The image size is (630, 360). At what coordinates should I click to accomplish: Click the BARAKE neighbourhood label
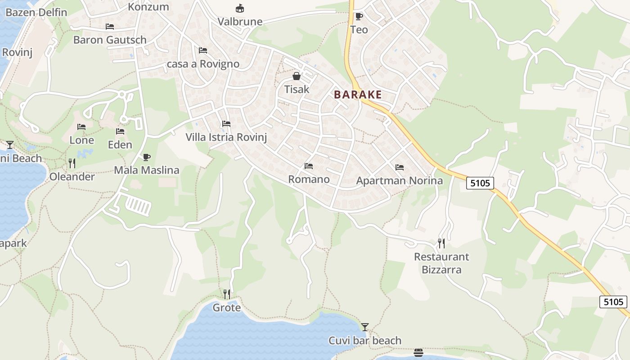(x=358, y=94)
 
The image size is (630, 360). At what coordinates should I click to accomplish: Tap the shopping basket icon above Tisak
(x=296, y=76)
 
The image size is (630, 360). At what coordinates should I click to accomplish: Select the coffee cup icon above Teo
(x=359, y=17)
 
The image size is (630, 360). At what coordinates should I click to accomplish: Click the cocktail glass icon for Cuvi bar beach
(x=365, y=327)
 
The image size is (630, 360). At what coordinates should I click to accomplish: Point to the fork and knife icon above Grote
(x=227, y=294)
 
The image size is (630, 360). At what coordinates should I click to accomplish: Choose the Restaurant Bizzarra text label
(x=441, y=263)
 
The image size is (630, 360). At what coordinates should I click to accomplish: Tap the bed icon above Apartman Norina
(x=399, y=167)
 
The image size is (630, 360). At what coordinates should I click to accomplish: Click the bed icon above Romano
(x=309, y=166)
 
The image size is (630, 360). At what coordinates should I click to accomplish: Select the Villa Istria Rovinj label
(x=226, y=137)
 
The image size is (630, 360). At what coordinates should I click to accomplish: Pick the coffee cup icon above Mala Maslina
(x=146, y=157)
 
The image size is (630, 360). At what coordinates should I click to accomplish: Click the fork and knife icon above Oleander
(x=72, y=163)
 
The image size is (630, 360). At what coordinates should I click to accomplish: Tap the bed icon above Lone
(x=81, y=127)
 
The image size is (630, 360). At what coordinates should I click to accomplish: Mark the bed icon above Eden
(x=120, y=131)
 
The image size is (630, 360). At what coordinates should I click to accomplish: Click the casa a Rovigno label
(x=203, y=64)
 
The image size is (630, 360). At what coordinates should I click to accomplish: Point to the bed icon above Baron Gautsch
(x=110, y=26)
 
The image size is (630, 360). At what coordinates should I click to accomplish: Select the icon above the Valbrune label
(x=240, y=8)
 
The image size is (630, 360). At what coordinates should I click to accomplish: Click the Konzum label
(x=148, y=7)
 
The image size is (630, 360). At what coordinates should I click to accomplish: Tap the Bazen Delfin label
(x=36, y=12)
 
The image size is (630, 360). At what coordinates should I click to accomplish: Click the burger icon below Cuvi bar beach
(x=418, y=352)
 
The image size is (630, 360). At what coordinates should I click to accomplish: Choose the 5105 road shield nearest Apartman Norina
(x=480, y=183)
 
